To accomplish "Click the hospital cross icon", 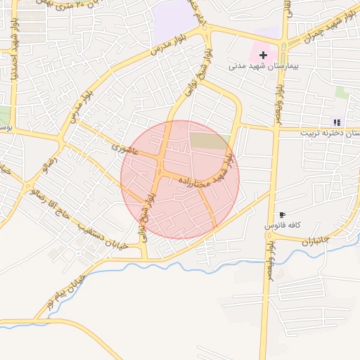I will (x=263, y=54).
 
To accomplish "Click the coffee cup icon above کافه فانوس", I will (x=282, y=214).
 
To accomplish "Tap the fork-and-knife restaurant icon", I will (x=336, y=122).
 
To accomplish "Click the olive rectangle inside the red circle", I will (x=210, y=141).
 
